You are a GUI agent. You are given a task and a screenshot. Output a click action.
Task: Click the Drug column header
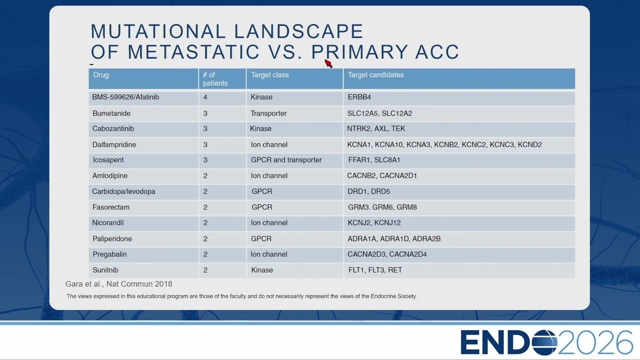pyautogui.click(x=101, y=75)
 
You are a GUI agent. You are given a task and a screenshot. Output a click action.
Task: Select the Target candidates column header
pyautogui.click(x=375, y=75)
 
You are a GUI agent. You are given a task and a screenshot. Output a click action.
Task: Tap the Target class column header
pyautogui.click(x=269, y=75)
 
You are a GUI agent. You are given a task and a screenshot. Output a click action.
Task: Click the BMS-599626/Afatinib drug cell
pyautogui.click(x=125, y=97)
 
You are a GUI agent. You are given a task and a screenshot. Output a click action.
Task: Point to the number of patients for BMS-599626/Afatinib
pyautogui.click(x=205, y=97)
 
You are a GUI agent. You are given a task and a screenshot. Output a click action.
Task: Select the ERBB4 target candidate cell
pyautogui.click(x=359, y=97)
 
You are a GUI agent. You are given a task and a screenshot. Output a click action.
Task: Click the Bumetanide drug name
pyautogui.click(x=111, y=113)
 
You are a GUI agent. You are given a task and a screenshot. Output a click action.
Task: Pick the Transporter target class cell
pyautogui.click(x=268, y=113)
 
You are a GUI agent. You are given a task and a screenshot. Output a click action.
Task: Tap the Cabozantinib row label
pyautogui.click(x=113, y=128)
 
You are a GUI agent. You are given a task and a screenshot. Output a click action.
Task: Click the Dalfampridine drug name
pyautogui.click(x=114, y=144)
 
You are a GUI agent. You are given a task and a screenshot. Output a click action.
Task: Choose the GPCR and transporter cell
pyautogui.click(x=286, y=159)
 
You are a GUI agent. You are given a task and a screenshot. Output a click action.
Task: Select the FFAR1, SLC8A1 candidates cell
pyautogui.click(x=374, y=159)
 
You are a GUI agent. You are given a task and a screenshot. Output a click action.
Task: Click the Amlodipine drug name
pyautogui.click(x=109, y=175)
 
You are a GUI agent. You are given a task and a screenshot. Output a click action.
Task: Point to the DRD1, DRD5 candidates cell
pyautogui.click(x=368, y=191)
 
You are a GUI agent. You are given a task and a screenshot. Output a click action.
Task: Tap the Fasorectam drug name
pyautogui.click(x=111, y=207)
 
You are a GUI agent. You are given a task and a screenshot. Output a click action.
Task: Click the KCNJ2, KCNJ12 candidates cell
pyautogui.click(x=374, y=223)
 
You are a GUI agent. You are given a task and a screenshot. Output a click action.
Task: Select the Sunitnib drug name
pyautogui.click(x=105, y=270)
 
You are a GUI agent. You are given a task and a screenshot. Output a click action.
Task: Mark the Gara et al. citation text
pyautogui.click(x=118, y=284)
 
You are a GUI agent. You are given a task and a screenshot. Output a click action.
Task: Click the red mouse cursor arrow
pyautogui.click(x=328, y=63)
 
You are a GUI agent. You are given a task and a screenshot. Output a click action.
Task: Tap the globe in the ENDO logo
pyautogui.click(x=544, y=342)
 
